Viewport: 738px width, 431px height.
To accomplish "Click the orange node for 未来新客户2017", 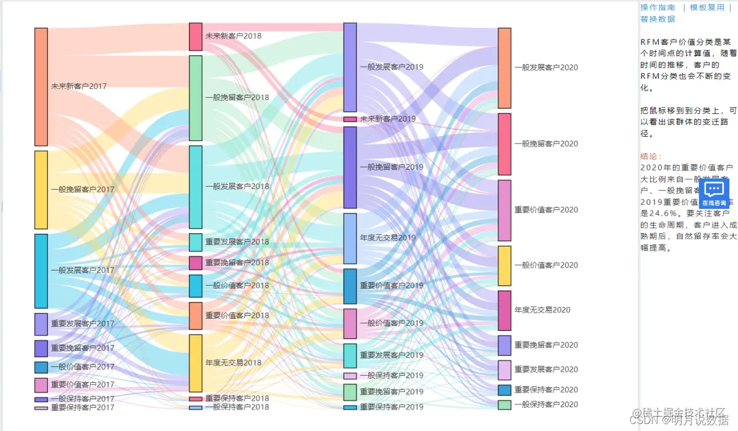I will (41, 87).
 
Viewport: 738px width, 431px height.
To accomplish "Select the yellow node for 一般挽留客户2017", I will (41, 190).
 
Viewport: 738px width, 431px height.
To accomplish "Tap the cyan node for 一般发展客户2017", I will (41, 270).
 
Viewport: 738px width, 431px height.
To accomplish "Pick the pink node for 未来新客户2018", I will (195, 37).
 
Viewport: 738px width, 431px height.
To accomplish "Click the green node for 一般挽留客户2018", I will (195, 98).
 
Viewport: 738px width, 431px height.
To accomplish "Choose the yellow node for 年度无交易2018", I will (195, 363).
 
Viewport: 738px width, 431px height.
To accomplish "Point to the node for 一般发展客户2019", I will (350, 67).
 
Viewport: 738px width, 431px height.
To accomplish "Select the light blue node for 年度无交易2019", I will (350, 238).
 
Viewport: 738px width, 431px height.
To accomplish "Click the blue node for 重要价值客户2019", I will (350, 286).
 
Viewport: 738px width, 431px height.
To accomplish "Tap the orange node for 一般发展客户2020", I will (504, 68).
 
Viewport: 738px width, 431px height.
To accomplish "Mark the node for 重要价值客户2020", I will (504, 210).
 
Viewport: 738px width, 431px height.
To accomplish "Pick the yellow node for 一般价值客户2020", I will (504, 266).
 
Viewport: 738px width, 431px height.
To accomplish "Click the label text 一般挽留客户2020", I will (546, 144).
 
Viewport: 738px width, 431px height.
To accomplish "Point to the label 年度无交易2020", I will (542, 310).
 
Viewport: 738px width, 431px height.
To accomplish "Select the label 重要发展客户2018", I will (237, 242).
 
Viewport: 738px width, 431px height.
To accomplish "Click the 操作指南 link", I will (658, 8).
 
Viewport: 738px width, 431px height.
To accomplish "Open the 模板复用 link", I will (707, 8).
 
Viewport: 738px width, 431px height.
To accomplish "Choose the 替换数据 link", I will (658, 19).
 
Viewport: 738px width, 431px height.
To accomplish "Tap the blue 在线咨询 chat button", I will (714, 193).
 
